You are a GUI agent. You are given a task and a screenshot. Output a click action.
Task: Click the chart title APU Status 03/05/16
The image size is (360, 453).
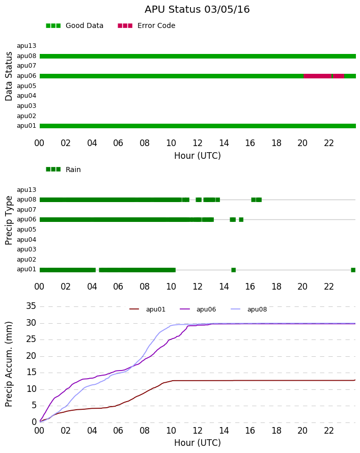click(x=197, y=9)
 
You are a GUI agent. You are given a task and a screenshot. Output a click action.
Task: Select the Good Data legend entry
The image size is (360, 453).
click(x=74, y=25)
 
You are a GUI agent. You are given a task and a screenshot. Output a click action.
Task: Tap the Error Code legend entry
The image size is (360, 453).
click(x=147, y=25)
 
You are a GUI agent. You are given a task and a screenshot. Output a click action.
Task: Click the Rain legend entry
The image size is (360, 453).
click(x=63, y=169)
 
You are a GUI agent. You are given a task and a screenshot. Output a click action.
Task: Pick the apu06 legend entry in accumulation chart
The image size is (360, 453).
click(x=198, y=309)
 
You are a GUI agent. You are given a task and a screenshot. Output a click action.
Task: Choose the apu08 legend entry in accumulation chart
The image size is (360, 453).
click(x=249, y=309)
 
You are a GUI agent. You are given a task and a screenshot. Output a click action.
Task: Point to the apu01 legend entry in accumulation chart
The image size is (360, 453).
click(x=147, y=309)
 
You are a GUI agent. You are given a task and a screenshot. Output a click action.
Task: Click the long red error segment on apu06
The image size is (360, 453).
click(x=317, y=76)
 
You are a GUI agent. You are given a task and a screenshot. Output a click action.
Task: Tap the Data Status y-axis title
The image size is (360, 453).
click(x=9, y=76)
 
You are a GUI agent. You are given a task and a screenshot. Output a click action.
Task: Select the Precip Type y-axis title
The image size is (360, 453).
click(x=9, y=220)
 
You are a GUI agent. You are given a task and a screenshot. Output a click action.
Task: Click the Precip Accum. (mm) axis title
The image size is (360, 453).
click(x=9, y=364)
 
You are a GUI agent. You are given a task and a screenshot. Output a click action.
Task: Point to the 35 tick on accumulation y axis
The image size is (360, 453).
click(x=31, y=306)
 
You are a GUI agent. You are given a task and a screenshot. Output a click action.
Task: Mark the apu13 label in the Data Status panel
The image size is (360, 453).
click(x=26, y=46)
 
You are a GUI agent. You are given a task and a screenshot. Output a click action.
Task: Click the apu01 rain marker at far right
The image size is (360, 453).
click(x=353, y=270)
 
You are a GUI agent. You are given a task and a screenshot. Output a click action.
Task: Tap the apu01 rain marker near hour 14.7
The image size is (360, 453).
click(x=233, y=270)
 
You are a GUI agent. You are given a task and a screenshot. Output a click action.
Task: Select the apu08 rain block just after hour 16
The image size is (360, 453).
click(x=256, y=200)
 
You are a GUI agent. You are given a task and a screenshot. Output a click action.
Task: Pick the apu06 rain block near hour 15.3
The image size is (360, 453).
click(x=241, y=219)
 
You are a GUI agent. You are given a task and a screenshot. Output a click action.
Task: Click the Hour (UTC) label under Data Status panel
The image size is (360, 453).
click(x=198, y=156)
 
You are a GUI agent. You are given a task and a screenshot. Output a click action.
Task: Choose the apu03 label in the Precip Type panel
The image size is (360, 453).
click(x=26, y=249)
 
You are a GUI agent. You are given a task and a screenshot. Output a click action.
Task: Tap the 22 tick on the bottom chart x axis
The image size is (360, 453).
click(x=329, y=431)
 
